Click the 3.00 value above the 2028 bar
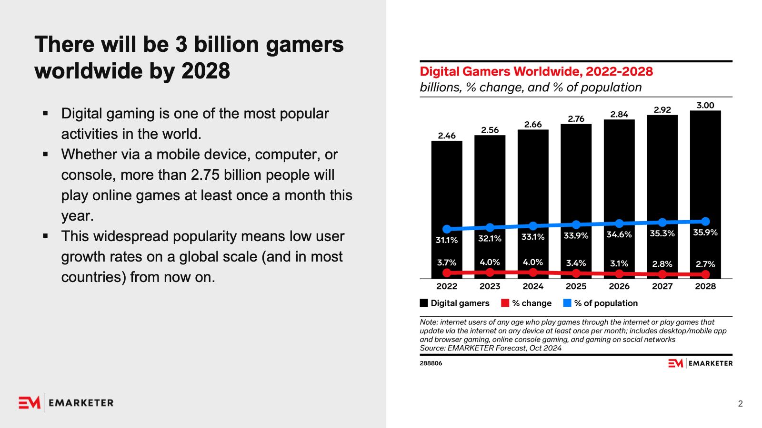tap(705, 106)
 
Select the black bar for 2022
tap(447, 190)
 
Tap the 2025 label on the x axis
tap(576, 286)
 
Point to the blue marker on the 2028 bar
tap(705, 221)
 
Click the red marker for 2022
tap(447, 272)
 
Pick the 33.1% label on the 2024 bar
tap(533, 237)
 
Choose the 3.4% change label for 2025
tap(576, 263)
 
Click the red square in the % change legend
tap(505, 303)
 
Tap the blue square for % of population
tap(567, 303)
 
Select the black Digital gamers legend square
tap(424, 303)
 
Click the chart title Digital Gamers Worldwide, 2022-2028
tap(536, 72)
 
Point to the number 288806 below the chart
tap(431, 363)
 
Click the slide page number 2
tap(740, 404)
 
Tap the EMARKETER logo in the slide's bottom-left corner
tap(66, 403)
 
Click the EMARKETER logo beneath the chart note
tap(700, 363)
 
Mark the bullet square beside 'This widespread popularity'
tap(46, 236)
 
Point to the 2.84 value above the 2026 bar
tap(619, 115)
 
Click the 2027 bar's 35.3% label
tap(662, 233)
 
